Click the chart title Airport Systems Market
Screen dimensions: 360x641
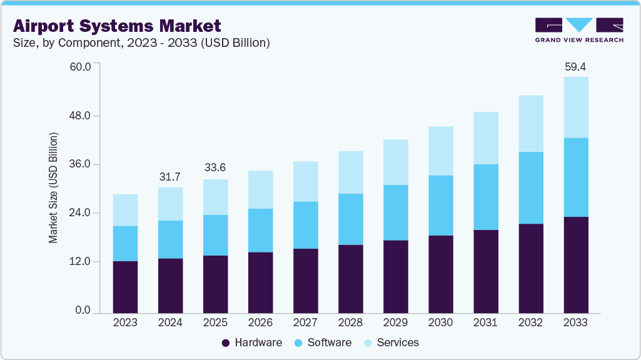pyautogui.click(x=116, y=26)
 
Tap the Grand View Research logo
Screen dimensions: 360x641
pyautogui.click(x=578, y=30)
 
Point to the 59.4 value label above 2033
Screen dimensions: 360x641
pyautogui.click(x=575, y=66)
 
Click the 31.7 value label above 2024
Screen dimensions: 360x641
pyautogui.click(x=170, y=177)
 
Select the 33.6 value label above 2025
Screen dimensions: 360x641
pyautogui.click(x=215, y=168)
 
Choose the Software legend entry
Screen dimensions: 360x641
pyautogui.click(x=323, y=342)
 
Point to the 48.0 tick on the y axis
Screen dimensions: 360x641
pyautogui.click(x=79, y=116)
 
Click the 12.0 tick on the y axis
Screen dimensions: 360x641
pyautogui.click(x=79, y=261)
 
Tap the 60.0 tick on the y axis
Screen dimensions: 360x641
pyautogui.click(x=79, y=66)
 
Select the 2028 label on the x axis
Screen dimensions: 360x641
pyautogui.click(x=350, y=323)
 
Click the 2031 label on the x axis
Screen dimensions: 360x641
pyautogui.click(x=485, y=323)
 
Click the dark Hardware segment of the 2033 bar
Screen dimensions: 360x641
pyautogui.click(x=575, y=265)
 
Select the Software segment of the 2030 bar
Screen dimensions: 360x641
pyautogui.click(x=440, y=206)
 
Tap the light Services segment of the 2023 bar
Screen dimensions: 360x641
pyautogui.click(x=125, y=210)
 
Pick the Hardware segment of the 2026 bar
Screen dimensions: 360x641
pyautogui.click(x=260, y=282)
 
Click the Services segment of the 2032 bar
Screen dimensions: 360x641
pyautogui.click(x=530, y=124)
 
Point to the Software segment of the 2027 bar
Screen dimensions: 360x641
pyautogui.click(x=305, y=225)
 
